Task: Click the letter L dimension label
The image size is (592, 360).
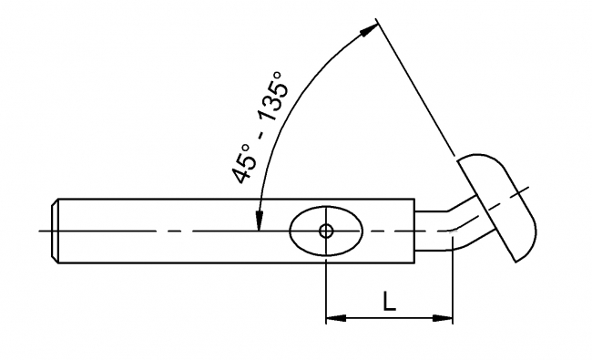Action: [389, 303]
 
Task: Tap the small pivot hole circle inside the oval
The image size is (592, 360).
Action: [325, 231]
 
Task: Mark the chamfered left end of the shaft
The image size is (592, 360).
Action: [56, 231]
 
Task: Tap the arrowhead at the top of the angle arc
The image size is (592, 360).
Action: [368, 30]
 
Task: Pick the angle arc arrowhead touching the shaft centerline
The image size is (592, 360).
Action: [260, 221]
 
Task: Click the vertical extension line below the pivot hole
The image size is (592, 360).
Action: [325, 287]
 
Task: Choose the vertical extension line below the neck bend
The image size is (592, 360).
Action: [453, 287]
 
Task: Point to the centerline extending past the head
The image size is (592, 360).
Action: [525, 190]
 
